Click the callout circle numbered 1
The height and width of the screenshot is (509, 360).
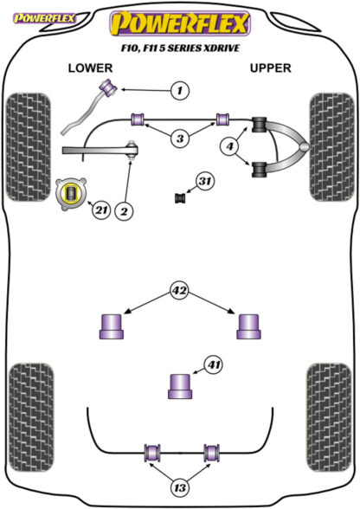[179, 90]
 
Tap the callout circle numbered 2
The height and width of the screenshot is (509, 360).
[124, 211]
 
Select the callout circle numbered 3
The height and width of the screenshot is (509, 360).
[180, 139]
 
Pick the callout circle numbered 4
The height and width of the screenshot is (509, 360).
[229, 146]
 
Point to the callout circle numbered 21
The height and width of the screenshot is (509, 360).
[101, 210]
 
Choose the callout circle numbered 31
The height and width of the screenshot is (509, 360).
[204, 181]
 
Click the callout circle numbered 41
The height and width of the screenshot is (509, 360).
[213, 365]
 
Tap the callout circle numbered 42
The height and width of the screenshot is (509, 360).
[179, 290]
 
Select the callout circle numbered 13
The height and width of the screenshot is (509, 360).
[179, 486]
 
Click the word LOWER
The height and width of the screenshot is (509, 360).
[90, 68]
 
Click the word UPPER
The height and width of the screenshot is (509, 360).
[270, 68]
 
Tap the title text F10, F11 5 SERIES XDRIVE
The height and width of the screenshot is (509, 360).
[180, 48]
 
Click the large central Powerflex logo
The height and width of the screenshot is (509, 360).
[180, 23]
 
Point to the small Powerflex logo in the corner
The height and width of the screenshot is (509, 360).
[44, 18]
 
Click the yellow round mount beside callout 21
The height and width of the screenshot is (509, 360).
[71, 194]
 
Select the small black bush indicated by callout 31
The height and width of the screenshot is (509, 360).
[180, 198]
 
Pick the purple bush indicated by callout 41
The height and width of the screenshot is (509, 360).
[180, 386]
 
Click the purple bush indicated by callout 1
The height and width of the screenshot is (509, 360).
[109, 87]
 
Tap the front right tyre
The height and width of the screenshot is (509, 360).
[331, 147]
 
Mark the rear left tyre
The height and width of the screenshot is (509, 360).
[31, 418]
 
